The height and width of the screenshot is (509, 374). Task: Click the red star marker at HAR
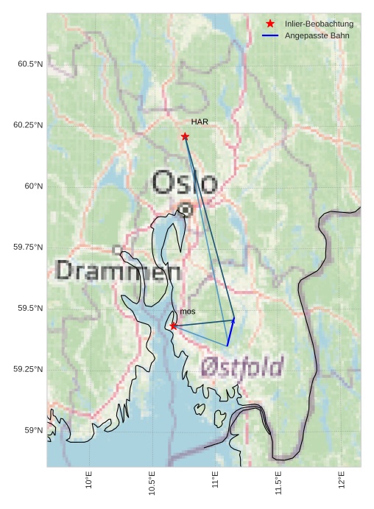point(185,136)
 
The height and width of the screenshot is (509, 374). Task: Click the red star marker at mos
point(173,326)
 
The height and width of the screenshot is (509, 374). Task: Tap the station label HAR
point(200,122)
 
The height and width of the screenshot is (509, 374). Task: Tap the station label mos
point(188,312)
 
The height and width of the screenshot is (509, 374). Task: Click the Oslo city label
point(184,182)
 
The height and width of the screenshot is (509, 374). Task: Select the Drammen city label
point(118,271)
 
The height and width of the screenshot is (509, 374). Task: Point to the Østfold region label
point(241,366)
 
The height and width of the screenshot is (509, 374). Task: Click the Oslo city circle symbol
point(186,210)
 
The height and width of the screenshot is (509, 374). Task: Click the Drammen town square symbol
point(116,250)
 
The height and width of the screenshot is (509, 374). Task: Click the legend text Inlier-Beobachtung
point(319,24)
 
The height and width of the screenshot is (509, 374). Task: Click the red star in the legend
point(270,24)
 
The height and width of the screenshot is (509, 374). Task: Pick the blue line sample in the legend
point(270,35)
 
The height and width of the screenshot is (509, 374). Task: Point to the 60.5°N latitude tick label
point(30,64)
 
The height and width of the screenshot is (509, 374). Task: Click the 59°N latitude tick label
point(33,430)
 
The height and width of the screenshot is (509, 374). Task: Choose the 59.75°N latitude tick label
point(28,247)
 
